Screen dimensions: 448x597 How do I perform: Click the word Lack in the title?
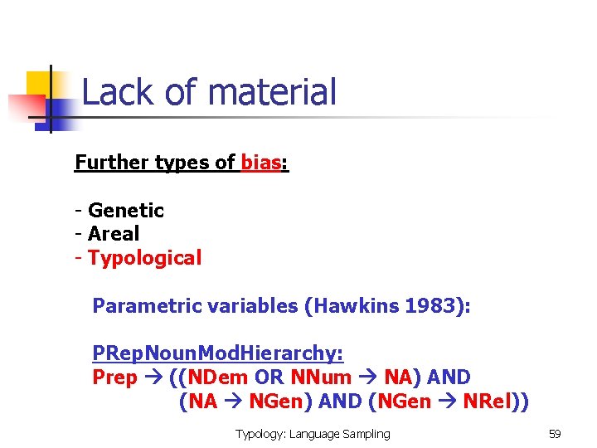click(109, 92)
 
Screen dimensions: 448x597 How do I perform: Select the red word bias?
click(261, 163)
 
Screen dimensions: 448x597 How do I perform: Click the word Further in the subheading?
click(111, 163)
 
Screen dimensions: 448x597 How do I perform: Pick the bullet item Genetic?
click(126, 211)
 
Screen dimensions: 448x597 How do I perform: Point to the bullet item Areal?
click(114, 234)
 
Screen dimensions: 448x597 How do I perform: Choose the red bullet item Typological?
click(144, 258)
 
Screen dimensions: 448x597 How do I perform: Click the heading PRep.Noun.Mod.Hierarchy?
click(218, 354)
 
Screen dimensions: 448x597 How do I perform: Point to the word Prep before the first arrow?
click(114, 378)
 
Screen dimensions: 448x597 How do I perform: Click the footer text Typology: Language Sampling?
click(313, 434)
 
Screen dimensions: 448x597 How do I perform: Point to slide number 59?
click(555, 434)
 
